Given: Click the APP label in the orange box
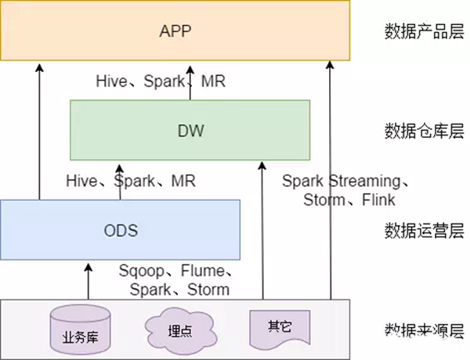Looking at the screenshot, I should [176, 32].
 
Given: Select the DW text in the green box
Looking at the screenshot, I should [190, 130].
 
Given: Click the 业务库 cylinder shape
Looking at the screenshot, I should [78, 329].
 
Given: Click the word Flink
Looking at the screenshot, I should [378, 200].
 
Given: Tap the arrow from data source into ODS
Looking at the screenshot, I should [88, 282].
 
